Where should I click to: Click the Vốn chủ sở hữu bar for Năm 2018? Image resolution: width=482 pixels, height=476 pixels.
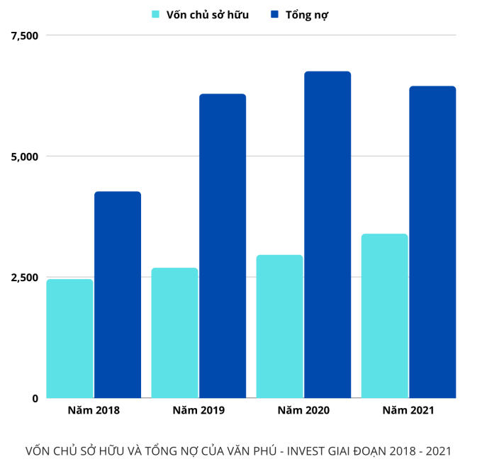(x=69, y=339)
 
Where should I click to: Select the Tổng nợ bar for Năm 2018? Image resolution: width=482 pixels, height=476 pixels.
(x=118, y=295)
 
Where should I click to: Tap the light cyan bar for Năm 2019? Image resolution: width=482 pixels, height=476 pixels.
(x=174, y=333)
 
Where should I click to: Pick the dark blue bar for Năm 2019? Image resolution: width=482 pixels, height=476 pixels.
(x=223, y=246)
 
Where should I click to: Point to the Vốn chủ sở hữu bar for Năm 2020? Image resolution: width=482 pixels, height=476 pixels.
(x=279, y=327)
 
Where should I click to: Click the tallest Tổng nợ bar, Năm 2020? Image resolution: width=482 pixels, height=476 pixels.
(x=327, y=234)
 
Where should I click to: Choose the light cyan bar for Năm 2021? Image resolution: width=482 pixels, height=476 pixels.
(x=384, y=316)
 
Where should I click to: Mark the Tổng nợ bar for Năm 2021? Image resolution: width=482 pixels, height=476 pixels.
(x=432, y=242)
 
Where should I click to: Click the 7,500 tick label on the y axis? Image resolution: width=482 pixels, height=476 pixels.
(x=23, y=35)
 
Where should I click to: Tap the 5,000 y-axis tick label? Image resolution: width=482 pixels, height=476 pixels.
(x=23, y=156)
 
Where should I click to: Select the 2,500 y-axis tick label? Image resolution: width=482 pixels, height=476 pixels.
(x=23, y=277)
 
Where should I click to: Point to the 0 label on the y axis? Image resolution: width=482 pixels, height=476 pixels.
(x=33, y=398)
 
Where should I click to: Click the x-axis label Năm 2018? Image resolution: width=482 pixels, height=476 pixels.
(x=94, y=410)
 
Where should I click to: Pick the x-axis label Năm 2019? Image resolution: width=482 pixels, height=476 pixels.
(x=198, y=410)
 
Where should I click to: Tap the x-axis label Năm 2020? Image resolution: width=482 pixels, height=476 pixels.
(x=303, y=410)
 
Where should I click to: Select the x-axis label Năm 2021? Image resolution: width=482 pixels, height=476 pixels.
(x=408, y=410)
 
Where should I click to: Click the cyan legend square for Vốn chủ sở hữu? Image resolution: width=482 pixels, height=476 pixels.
(x=155, y=14)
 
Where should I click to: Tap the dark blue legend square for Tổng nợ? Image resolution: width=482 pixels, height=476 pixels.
(x=274, y=14)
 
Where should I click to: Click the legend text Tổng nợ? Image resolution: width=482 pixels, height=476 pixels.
(x=307, y=14)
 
